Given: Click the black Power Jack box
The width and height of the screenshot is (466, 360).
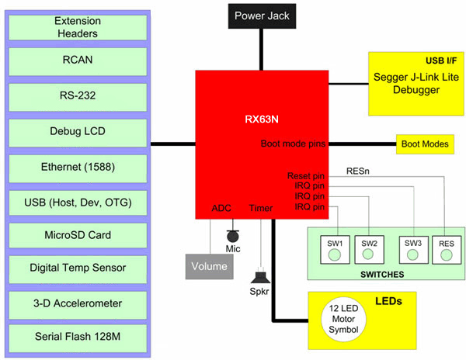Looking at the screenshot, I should (x=259, y=16).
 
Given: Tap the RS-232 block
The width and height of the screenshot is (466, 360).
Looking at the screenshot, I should (x=78, y=98).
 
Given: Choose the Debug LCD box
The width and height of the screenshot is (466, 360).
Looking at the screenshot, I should (x=78, y=132).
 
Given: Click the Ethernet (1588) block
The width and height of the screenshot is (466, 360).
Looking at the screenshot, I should (x=78, y=167).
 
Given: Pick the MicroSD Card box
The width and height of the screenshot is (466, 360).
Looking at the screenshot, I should (x=78, y=235).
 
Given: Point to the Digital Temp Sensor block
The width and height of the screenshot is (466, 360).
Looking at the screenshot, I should (x=78, y=268).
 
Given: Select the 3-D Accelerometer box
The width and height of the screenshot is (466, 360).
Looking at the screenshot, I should (x=78, y=303).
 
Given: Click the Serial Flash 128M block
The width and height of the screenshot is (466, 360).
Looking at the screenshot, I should (x=78, y=337).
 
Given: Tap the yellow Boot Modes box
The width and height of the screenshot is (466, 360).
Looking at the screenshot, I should (x=423, y=144).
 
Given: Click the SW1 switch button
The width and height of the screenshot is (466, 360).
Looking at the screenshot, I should (x=335, y=248).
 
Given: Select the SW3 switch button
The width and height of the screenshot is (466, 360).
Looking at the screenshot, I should (x=413, y=248).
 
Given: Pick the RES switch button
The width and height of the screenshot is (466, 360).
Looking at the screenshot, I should (x=447, y=248).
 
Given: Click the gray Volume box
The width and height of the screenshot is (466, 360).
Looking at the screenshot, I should (x=210, y=266).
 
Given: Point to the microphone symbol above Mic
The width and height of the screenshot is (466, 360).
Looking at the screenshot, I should (x=231, y=235).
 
